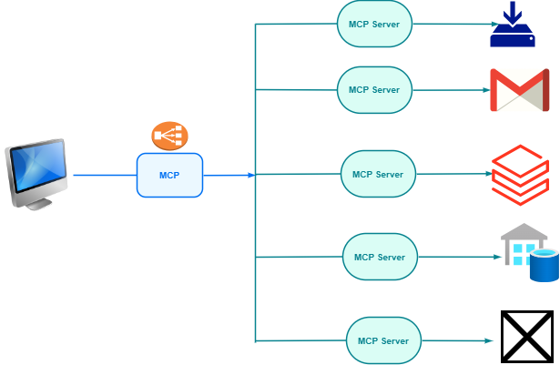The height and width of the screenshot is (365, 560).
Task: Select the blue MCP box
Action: [x=169, y=175]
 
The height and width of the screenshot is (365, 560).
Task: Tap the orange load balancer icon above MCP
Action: [x=169, y=136]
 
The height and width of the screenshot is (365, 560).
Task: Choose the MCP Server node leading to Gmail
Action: [x=374, y=90]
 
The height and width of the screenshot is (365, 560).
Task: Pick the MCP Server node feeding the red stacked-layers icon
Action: [x=378, y=174]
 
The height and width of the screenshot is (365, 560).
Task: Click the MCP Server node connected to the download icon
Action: [x=374, y=24]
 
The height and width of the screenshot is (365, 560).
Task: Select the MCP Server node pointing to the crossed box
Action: [x=383, y=340]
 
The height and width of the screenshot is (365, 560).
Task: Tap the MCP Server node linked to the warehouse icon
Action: [x=379, y=257]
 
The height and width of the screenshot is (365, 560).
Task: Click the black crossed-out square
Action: [x=526, y=337]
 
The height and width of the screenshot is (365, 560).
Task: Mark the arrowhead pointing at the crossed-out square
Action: [x=490, y=340]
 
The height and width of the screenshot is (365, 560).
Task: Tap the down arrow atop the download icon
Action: [x=514, y=13]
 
